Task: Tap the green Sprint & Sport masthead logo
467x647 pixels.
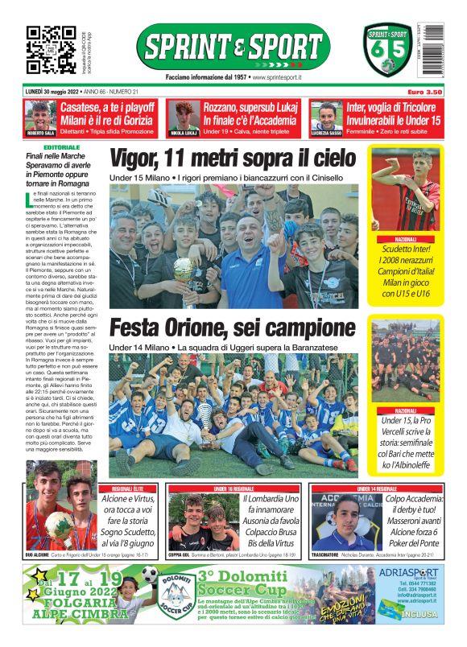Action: coord(233,46)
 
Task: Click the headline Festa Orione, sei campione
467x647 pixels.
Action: coord(232,328)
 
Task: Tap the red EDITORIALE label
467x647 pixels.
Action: coord(63,148)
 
